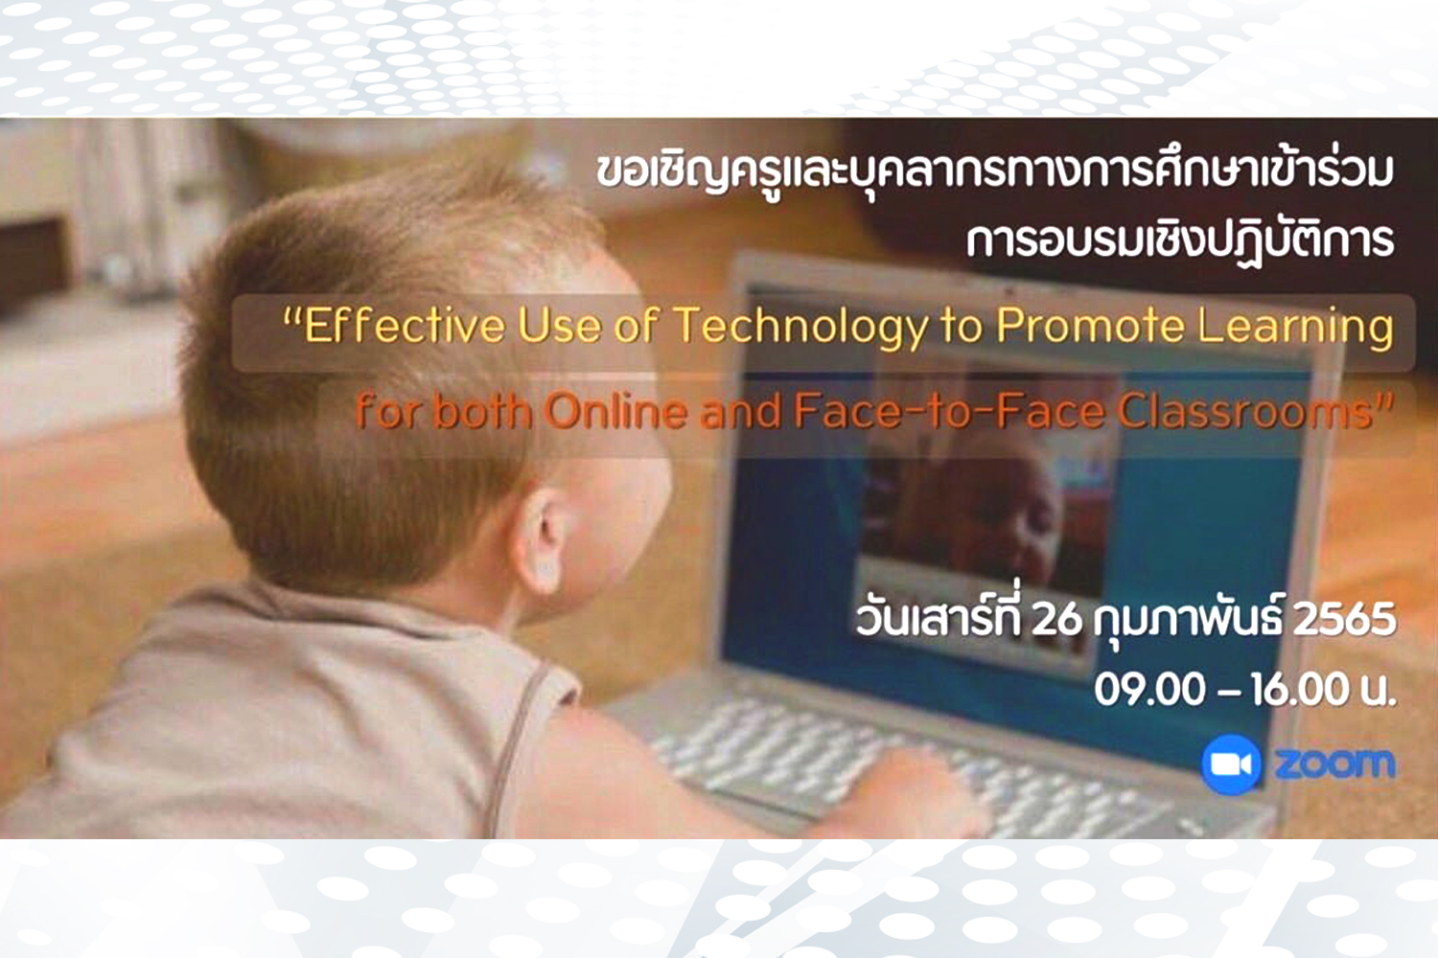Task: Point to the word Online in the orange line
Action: (x=615, y=411)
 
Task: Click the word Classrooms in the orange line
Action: (x=1252, y=411)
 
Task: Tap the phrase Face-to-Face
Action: (x=949, y=411)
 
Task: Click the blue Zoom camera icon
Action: (x=1230, y=764)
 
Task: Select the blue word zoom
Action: (x=1334, y=764)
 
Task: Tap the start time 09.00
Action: (x=1149, y=691)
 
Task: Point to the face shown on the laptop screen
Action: (x=1002, y=513)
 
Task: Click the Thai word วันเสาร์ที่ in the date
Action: (x=939, y=617)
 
